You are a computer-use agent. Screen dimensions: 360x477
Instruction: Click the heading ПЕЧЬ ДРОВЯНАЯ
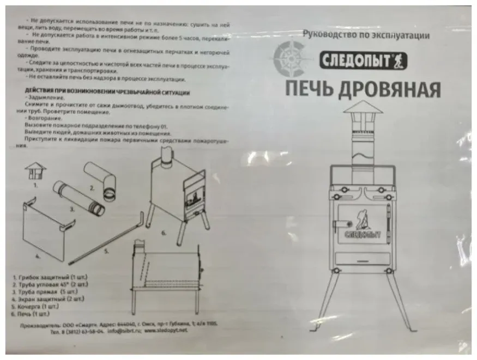tap(362, 89)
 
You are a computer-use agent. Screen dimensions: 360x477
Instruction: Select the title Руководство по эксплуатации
tap(366, 35)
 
